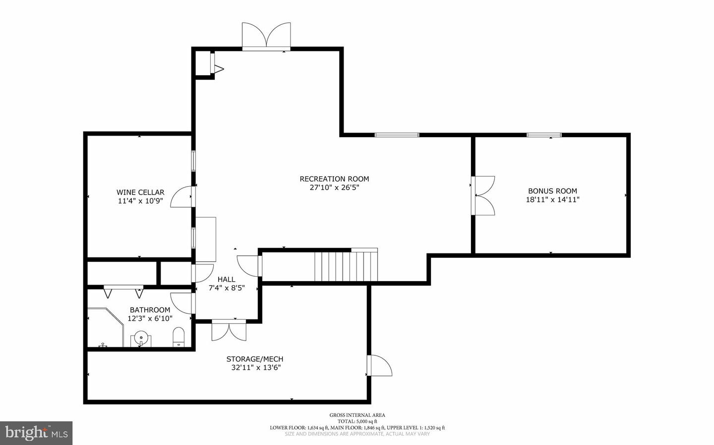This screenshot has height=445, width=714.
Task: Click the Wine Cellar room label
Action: [x=140, y=192]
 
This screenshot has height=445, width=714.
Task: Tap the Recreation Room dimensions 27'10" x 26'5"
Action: [x=334, y=188]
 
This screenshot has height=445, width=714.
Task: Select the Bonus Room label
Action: [x=552, y=191]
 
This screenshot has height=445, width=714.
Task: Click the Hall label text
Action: [x=226, y=279]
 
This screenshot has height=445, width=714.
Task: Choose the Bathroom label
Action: [x=150, y=310]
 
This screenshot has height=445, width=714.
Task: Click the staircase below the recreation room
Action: [x=347, y=266]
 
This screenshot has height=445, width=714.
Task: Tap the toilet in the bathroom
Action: [x=178, y=337]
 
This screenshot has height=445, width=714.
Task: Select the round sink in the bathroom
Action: [x=141, y=339]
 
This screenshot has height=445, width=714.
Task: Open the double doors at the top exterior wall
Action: [x=266, y=36]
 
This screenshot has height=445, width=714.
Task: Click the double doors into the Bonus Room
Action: [x=484, y=195]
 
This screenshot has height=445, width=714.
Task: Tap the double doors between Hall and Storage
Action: [x=229, y=330]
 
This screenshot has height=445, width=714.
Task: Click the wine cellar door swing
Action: [x=182, y=197]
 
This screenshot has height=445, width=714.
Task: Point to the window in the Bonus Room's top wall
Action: [x=544, y=135]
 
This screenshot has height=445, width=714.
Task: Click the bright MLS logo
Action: [x=36, y=433]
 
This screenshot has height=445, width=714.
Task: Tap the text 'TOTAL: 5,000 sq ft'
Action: [x=357, y=421]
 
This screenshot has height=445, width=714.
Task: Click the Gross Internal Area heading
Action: [x=357, y=415]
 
